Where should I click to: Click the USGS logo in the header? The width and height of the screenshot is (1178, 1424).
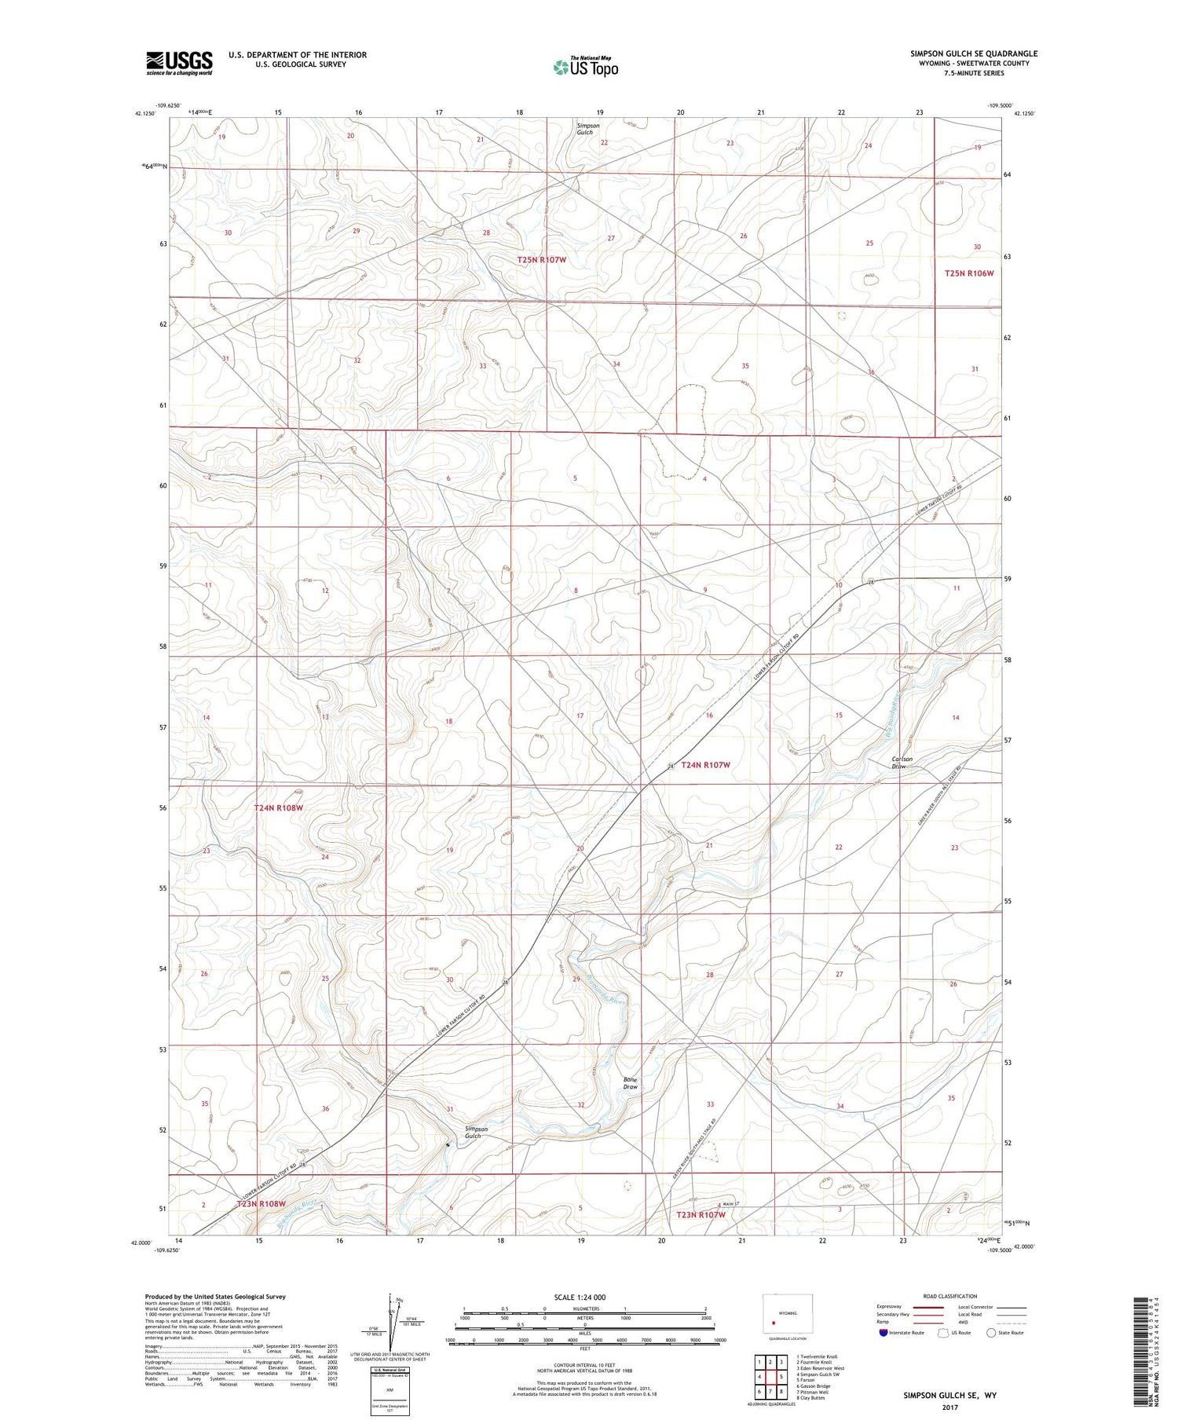[x=179, y=62]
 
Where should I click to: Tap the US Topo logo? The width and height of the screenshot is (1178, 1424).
[x=585, y=68]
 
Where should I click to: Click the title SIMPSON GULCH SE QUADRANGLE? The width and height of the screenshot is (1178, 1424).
[x=974, y=53]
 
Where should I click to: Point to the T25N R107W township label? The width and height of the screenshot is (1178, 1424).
[x=541, y=259]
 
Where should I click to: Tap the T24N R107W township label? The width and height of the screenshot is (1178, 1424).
[x=705, y=764]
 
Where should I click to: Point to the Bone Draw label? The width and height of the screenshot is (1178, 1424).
[x=630, y=1083]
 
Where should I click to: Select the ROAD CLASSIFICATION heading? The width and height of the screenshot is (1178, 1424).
[x=950, y=1296]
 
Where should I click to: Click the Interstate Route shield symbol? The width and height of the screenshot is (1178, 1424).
[x=883, y=1333]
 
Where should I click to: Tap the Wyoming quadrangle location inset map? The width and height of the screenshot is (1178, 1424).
[x=788, y=1312]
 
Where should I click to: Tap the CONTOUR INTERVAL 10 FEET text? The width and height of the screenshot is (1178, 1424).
[x=585, y=1367]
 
